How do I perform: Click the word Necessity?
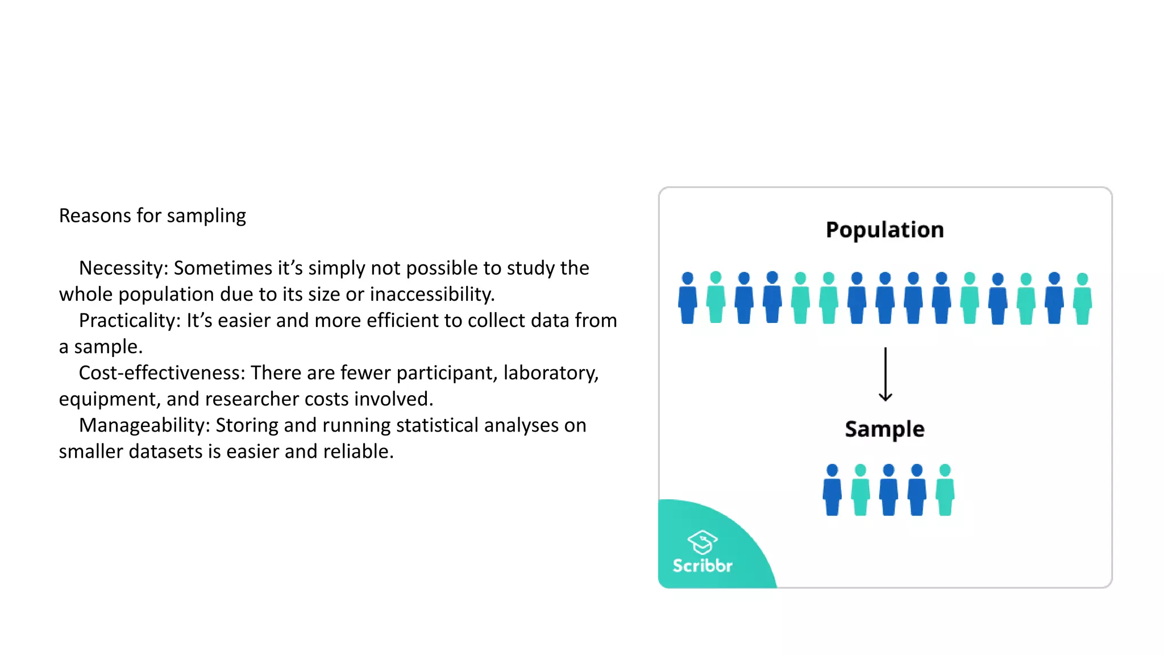pos(122,268)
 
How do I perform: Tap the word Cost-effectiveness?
pos(161,372)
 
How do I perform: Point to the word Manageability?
pos(144,425)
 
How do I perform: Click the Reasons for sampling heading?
pos(152,215)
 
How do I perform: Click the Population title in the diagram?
pos(884,230)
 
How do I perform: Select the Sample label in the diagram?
pos(884,429)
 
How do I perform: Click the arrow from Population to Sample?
pos(885,375)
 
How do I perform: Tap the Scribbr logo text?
pos(702,565)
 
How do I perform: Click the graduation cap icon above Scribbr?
pos(702,541)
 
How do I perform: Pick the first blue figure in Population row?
pos(688,299)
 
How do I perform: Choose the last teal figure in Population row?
pos(1082,299)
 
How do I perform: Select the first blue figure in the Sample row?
pos(832,490)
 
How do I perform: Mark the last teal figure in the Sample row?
pos(945,490)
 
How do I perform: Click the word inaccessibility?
pos(432,295)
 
